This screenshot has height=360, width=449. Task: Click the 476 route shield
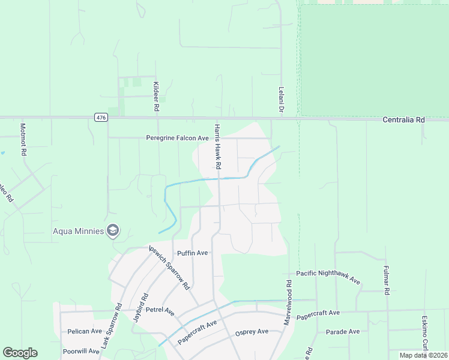pos(101,118)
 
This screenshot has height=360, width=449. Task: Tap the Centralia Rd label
pos(404,120)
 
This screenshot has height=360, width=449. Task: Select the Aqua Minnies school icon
pos(112,230)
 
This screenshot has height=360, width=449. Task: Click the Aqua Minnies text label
pos(77,231)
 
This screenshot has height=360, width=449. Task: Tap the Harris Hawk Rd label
pos(218,146)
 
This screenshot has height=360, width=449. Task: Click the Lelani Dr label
pos(280,99)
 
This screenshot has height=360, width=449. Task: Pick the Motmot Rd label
pos(23,140)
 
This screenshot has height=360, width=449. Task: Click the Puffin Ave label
pos(192,253)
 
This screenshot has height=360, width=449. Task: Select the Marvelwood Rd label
pos(289,303)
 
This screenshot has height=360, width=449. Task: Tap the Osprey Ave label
pos(252,333)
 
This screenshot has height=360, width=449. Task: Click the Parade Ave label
pos(343,332)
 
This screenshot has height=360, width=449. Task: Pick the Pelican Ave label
pos(85,331)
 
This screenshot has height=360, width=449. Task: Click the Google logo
pos(20,353)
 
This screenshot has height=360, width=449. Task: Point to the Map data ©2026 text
pos(423,355)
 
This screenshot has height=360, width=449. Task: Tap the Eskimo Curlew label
pos(425,333)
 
